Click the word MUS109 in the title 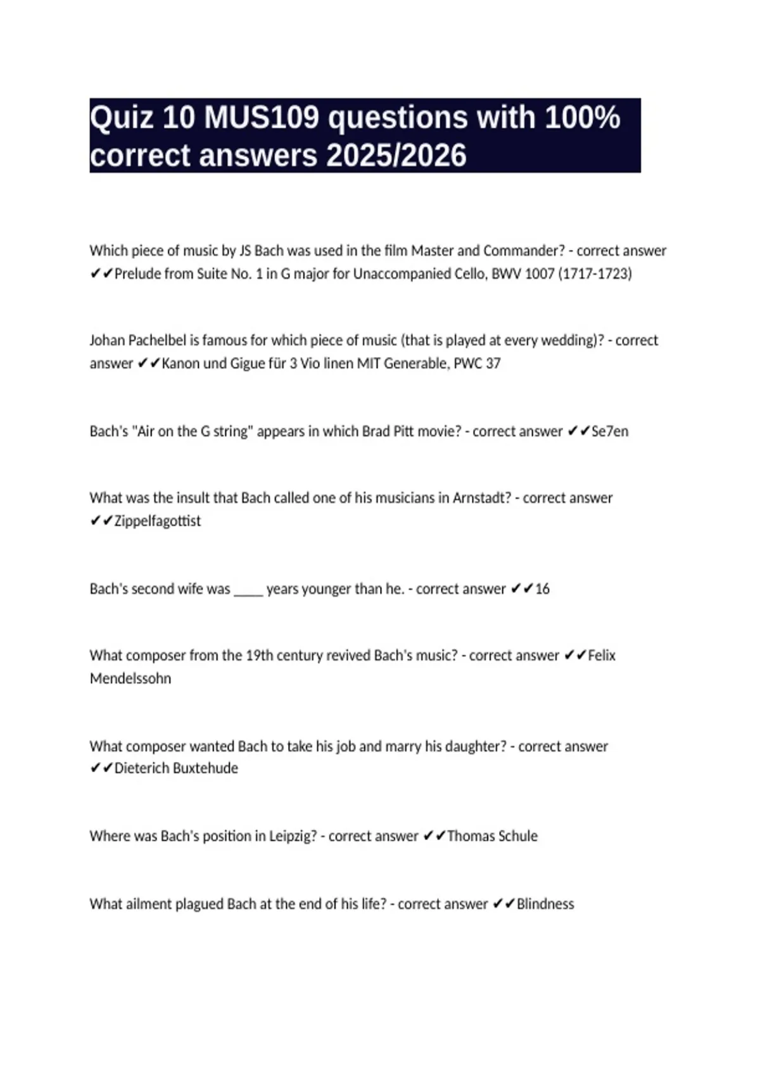pyautogui.click(x=261, y=118)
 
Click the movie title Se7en pyautogui.click(x=609, y=432)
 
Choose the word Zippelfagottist pyautogui.click(x=157, y=521)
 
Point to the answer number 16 pyautogui.click(x=542, y=589)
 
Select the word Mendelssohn pyautogui.click(x=130, y=679)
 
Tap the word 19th pyautogui.click(x=259, y=656)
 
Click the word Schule pyautogui.click(x=516, y=836)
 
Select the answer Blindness pyautogui.click(x=545, y=904)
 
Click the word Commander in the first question pyautogui.click(x=524, y=251)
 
